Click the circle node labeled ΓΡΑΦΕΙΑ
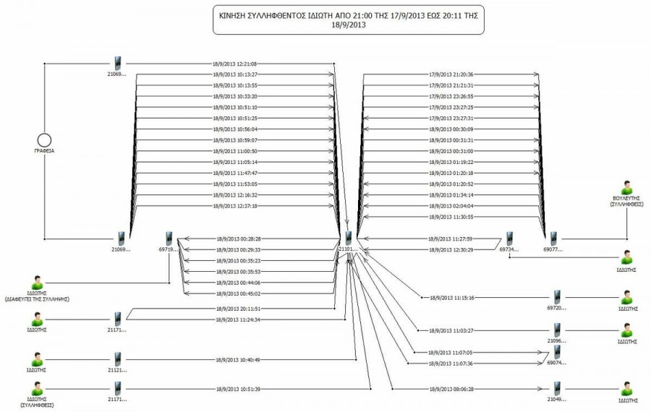[44, 138]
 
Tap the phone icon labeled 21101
[349, 238]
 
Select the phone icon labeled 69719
[169, 238]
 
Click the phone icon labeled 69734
[509, 238]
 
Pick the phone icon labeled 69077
[553, 238]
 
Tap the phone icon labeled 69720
[556, 296]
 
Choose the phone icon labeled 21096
[556, 330]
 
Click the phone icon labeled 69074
[556, 352]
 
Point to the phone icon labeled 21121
[118, 359]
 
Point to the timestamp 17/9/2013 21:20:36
[451, 74]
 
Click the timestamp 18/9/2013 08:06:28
[451, 389]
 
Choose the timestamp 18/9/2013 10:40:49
[238, 359]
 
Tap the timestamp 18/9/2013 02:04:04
[451, 206]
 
